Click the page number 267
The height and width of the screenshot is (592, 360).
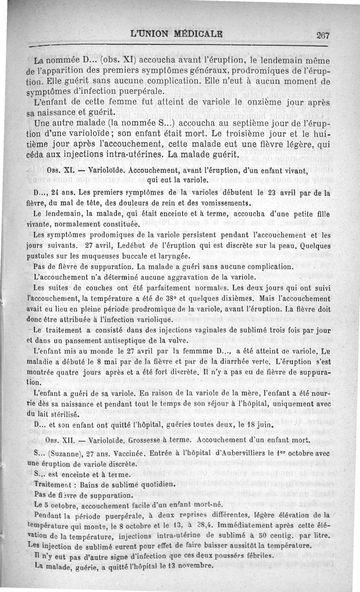click(323, 36)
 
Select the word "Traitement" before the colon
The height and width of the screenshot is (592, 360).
click(54, 484)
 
